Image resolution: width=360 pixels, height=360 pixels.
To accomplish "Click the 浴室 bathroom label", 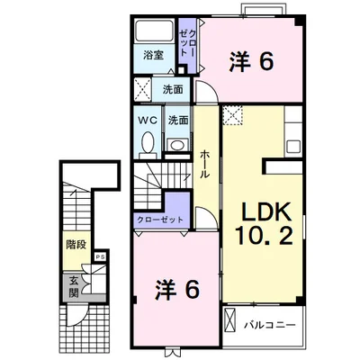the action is point(153,55).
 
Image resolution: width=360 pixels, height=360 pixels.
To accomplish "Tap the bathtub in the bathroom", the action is point(154,31).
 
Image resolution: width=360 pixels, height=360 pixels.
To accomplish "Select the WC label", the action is point(148,121).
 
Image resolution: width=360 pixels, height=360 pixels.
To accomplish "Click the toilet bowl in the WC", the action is point(148,143).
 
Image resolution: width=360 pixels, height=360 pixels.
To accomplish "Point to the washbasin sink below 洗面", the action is point(177,146).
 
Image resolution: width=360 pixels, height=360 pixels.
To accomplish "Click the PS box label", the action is point(101,257).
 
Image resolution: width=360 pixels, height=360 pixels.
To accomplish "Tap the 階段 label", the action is point(76,245).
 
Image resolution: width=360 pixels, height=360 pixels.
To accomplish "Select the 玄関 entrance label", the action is point(74,286).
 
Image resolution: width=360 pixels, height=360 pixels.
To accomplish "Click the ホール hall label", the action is point(205,164).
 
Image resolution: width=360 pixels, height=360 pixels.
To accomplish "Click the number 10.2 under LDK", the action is point(264,236).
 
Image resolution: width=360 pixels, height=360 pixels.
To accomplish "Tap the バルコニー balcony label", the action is point(270,325).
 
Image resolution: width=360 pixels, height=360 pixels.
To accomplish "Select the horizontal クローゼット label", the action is point(160,220).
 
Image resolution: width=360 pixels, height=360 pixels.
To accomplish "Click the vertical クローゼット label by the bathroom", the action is point(187,42).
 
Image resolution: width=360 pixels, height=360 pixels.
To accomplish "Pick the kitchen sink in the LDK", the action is point(293,147).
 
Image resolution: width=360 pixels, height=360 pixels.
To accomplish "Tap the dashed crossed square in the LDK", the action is point(233,114).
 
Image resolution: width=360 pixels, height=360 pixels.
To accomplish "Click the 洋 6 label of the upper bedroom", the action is point(251,61).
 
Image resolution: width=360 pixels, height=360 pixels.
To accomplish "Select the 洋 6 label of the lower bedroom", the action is point(177,290).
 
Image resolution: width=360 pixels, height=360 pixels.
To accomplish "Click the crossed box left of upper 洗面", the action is point(142,89).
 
